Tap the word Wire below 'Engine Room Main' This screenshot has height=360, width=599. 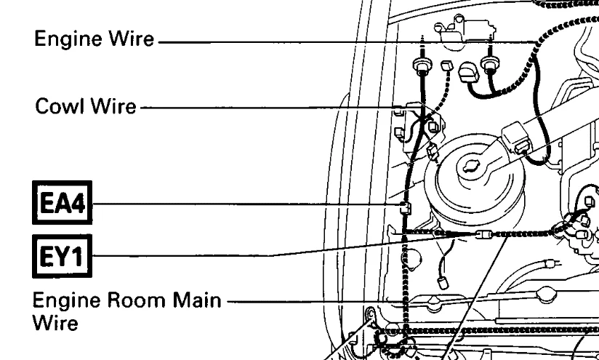tap(55, 323)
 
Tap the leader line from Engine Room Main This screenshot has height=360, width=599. tap(327, 300)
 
